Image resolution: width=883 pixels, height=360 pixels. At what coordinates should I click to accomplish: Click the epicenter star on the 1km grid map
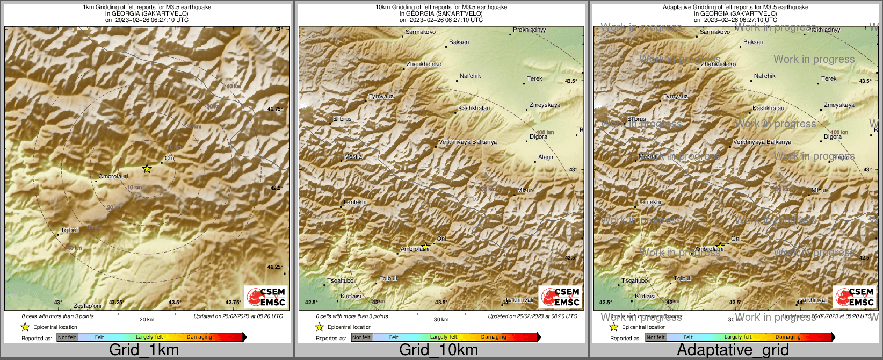[147, 169]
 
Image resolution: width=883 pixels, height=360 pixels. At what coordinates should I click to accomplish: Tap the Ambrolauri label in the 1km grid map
[113, 176]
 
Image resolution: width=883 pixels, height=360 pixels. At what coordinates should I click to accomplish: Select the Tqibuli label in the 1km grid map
[70, 230]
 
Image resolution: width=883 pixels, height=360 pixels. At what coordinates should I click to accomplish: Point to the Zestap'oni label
[88, 306]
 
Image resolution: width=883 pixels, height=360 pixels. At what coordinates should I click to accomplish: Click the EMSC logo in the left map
[266, 297]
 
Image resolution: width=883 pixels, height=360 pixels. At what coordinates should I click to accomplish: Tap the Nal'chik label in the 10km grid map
[471, 76]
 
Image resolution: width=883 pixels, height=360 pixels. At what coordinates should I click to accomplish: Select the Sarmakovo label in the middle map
[421, 32]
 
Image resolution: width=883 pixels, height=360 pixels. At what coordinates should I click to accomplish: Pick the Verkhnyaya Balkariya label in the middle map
[468, 142]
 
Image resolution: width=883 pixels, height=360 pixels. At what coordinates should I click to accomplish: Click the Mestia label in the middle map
[353, 156]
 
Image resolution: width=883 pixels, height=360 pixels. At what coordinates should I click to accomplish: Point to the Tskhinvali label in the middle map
[519, 300]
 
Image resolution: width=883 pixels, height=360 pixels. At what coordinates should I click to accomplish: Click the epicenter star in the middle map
[425, 246]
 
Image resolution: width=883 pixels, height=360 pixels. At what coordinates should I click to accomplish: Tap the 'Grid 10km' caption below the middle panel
[438, 350]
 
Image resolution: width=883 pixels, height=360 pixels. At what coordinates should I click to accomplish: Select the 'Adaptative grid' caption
[733, 350]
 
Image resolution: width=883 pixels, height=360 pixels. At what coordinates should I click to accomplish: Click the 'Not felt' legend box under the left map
[67, 337]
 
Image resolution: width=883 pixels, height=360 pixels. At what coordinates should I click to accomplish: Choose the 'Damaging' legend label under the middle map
[494, 337]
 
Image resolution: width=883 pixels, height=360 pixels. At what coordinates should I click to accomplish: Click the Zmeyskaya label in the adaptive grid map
[839, 105]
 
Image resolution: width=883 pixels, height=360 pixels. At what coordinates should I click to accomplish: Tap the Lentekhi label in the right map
[649, 202]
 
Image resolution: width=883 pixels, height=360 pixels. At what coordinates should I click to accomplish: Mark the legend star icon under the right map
[613, 327]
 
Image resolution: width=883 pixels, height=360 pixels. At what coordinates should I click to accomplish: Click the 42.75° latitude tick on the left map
[275, 109]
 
